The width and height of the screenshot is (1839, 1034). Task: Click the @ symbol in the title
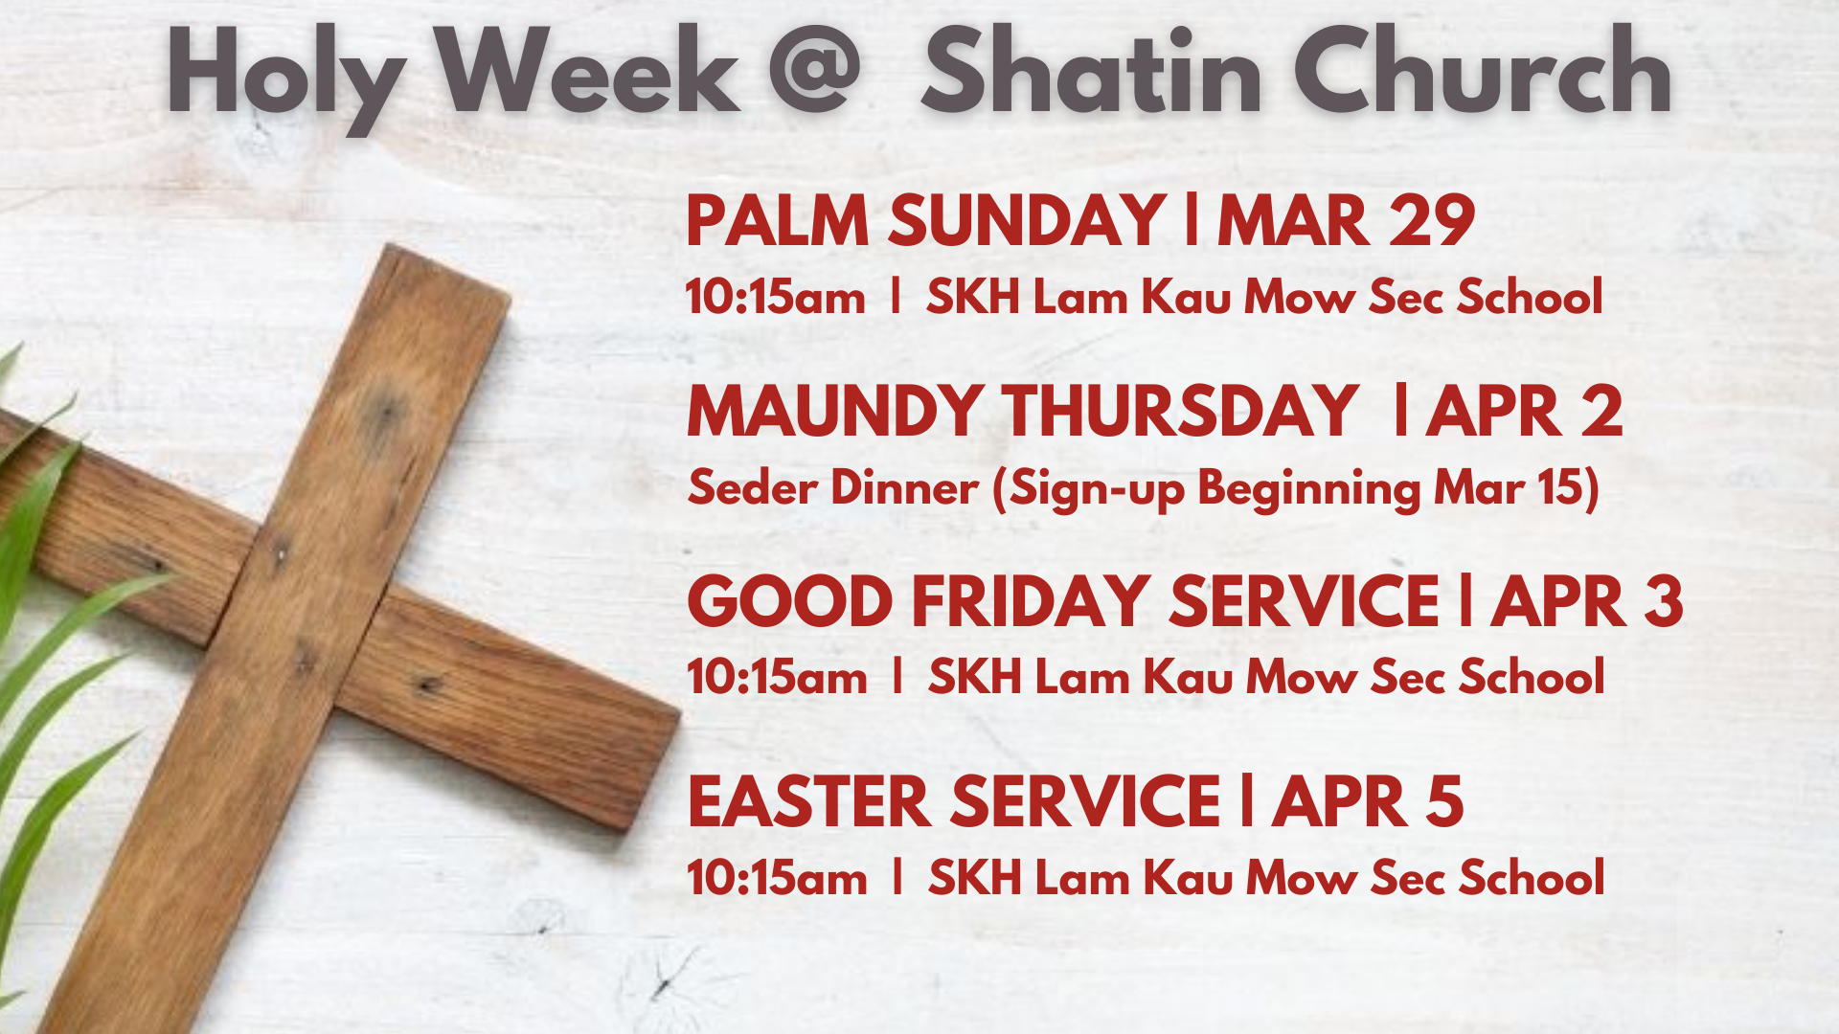[x=814, y=69]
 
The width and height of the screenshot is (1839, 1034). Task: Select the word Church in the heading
[x=1483, y=70]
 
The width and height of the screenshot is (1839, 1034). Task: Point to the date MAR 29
[x=1346, y=220]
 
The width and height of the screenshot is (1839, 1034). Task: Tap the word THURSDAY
[x=1180, y=412]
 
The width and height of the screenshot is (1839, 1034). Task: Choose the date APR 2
[x=1524, y=412]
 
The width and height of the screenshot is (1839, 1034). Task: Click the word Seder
[x=752, y=487]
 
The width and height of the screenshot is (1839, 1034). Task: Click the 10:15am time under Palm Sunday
[x=775, y=297]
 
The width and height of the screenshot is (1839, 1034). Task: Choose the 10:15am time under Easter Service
[x=777, y=878]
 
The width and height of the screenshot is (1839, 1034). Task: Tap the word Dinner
[x=904, y=487]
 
